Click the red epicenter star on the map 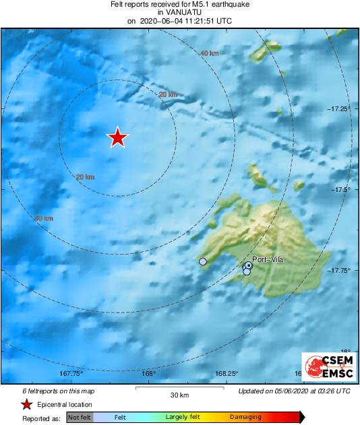pos(117,137)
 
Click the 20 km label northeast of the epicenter pos(168,96)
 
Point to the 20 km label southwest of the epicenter pos(85,177)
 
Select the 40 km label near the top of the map pos(210,53)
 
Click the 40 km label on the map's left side pos(43,218)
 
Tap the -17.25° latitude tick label pos(338,108)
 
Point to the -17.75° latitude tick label pos(338,271)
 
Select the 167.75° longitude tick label pos(71,373)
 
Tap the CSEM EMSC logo pos(326,368)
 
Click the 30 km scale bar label pos(179,395)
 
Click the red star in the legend pos(26,404)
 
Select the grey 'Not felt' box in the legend pos(79,418)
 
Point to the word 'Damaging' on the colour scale pos(245,418)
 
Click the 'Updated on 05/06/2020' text pos(295,391)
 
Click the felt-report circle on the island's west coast pos(203,261)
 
